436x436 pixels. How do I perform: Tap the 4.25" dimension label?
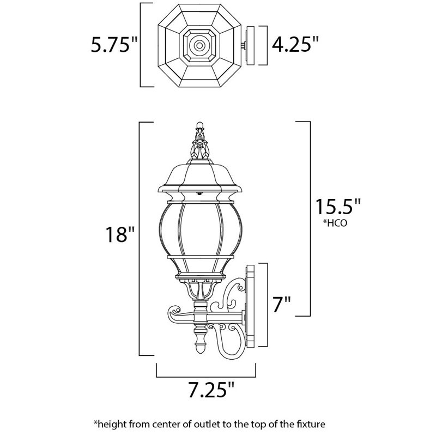click(x=295, y=44)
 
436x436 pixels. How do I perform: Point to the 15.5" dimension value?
click(x=337, y=206)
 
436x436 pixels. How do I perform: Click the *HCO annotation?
click(x=335, y=223)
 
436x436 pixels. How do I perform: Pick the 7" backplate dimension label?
click(x=281, y=304)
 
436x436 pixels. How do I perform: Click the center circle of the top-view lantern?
click(x=199, y=45)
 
